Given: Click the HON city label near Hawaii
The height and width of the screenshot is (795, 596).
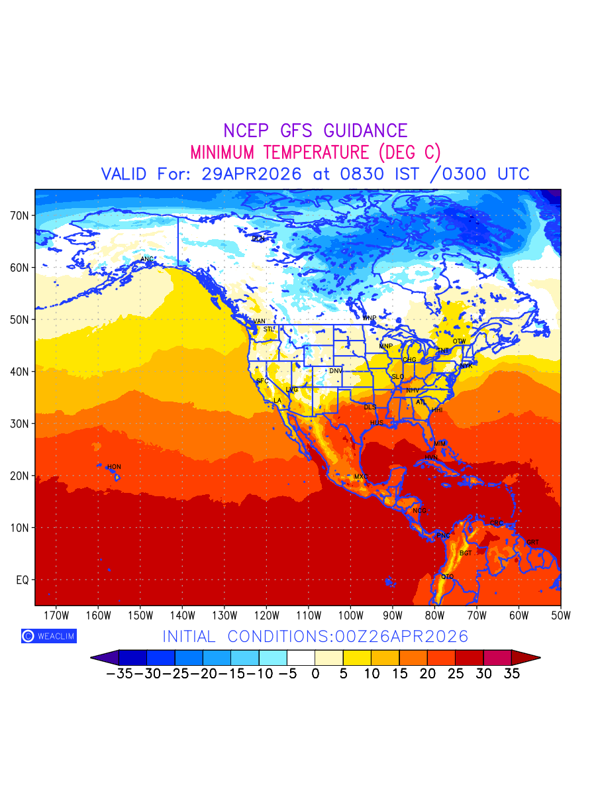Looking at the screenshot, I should point(114,467).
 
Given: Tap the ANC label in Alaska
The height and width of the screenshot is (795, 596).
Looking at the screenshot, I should point(147,259).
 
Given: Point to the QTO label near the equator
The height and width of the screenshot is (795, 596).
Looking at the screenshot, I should point(448,577).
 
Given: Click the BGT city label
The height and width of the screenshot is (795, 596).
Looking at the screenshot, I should point(466,553).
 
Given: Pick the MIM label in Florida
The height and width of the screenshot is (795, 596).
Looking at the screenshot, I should point(440,443).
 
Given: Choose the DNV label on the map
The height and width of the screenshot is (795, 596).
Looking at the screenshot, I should point(336,371).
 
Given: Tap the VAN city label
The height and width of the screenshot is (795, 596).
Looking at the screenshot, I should point(259,321).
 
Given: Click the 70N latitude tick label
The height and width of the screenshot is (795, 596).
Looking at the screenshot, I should point(20,216).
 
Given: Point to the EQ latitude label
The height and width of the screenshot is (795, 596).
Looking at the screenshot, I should point(22,580).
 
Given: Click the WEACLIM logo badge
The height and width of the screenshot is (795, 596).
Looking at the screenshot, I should point(48,636).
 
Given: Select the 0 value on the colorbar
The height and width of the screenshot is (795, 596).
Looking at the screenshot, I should point(315,674).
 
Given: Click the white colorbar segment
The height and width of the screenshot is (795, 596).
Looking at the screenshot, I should point(301,657).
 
